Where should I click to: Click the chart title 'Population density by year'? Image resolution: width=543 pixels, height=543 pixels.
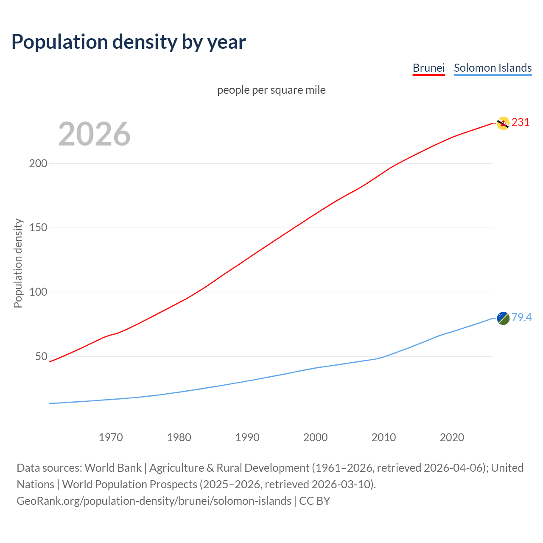coord(129,42)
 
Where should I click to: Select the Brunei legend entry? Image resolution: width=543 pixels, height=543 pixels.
coord(428,68)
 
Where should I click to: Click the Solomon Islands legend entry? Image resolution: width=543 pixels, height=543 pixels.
coord(493,68)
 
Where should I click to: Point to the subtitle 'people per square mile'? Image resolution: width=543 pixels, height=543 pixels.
coord(271,90)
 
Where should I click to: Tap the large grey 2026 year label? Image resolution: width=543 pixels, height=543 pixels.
coord(94,134)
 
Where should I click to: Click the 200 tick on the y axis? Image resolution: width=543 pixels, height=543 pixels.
coord(38,163)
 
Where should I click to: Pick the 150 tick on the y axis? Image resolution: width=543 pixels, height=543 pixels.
coord(38,228)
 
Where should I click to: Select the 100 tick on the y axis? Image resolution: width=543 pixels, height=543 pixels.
coord(38,292)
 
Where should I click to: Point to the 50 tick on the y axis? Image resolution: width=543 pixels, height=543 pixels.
coord(41,356)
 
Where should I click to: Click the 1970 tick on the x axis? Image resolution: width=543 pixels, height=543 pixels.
coord(111,437)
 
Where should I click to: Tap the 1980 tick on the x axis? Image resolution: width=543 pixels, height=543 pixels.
coord(179,437)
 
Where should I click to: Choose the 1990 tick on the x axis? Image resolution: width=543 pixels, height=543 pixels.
coord(247,437)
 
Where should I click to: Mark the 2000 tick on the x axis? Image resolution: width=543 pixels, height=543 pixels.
coord(315,437)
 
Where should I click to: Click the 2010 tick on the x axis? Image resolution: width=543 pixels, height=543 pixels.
coord(383,437)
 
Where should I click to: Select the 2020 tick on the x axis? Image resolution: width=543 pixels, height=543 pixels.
coord(452,437)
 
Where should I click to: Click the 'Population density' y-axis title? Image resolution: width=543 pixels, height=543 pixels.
coord(18,263)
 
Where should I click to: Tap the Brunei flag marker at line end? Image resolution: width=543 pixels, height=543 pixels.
coord(503,123)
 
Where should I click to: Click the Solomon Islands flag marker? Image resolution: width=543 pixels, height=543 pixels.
coord(503,318)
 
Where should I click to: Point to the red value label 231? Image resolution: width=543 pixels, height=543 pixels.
coord(521,123)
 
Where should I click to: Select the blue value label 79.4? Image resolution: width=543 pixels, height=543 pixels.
coord(521,318)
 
